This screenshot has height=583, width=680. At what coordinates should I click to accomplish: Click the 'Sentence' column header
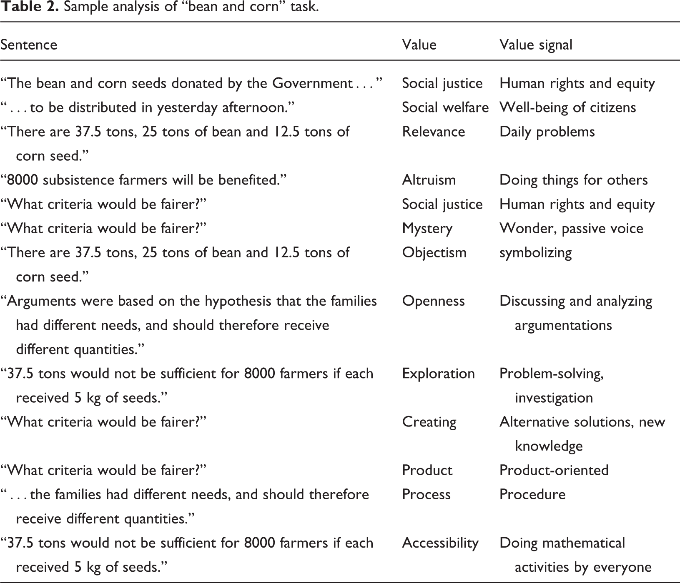(x=29, y=45)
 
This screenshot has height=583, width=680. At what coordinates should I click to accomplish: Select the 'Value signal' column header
(x=536, y=45)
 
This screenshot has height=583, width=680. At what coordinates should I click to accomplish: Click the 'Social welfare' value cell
(x=445, y=107)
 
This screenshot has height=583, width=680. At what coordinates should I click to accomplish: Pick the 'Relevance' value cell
(x=433, y=132)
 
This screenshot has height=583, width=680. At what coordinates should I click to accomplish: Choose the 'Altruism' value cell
(x=429, y=180)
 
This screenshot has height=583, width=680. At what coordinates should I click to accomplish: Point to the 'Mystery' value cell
(x=427, y=228)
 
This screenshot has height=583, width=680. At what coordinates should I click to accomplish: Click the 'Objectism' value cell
(x=434, y=252)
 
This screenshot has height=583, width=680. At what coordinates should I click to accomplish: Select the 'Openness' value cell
(x=433, y=301)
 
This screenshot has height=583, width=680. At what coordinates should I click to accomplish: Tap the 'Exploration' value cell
(x=438, y=374)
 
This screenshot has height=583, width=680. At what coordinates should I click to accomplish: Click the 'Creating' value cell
(x=429, y=422)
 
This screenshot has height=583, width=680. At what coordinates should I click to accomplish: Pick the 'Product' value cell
(x=427, y=470)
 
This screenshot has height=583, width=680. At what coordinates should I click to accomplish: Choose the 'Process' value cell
(x=426, y=494)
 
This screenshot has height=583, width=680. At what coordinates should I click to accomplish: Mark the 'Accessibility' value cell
(x=440, y=543)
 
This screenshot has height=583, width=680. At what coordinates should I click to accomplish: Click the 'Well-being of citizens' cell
(x=567, y=107)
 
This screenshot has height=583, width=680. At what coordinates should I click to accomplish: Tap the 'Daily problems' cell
(x=547, y=132)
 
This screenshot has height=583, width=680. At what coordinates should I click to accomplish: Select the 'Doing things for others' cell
(x=573, y=180)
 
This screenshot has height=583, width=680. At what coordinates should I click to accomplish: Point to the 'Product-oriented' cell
(x=554, y=470)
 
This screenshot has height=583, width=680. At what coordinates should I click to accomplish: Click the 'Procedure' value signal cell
(x=532, y=494)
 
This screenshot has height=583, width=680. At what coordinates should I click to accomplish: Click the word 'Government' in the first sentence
(x=312, y=83)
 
